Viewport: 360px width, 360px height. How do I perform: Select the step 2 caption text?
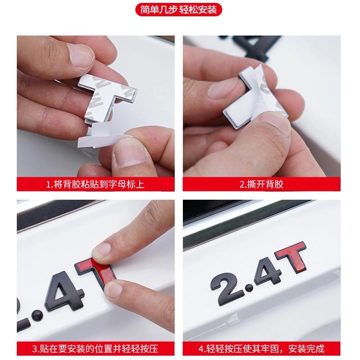pyautogui.click(x=262, y=184)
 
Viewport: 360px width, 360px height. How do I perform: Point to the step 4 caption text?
pyautogui.click(x=262, y=349)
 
